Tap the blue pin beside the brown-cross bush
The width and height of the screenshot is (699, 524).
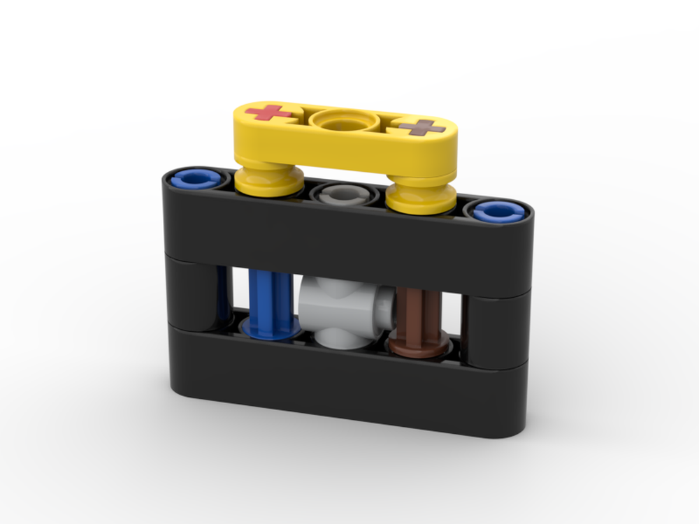[498, 211]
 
